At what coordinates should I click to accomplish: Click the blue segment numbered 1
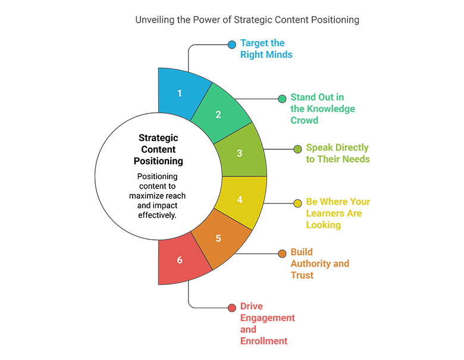pos(180,92)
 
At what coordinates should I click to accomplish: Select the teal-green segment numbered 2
pos(218,114)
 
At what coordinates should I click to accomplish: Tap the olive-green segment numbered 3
pos(240,153)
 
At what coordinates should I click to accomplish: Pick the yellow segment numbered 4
pos(240,200)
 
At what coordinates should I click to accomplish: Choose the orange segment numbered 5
pos(218,239)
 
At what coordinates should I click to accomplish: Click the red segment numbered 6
pos(180,260)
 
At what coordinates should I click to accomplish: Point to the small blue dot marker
pos(232,44)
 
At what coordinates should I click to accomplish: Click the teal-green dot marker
pos(281,99)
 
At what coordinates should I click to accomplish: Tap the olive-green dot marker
pos(297,149)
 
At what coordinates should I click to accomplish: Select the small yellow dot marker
pos(297,204)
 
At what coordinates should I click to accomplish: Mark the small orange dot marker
pos(281,254)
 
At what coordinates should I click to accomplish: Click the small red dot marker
pos(232,308)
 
